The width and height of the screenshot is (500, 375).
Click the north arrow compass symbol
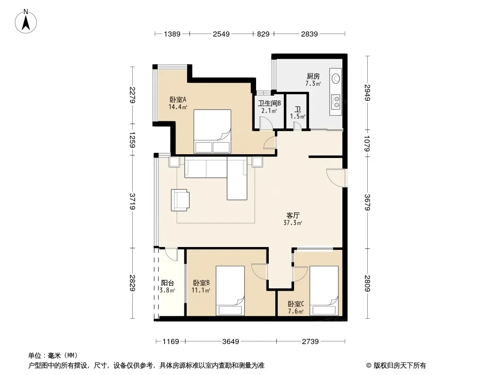coord(26,22)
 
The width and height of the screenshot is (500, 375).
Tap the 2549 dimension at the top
coord(221,34)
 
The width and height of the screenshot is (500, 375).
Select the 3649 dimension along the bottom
coord(231,342)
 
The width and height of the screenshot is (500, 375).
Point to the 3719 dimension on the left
coord(132,202)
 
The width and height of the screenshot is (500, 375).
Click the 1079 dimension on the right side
coord(367,143)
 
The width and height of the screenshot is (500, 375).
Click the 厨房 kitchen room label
coord(313,76)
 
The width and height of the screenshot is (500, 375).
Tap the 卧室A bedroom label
coord(178,99)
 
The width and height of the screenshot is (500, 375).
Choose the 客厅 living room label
coord(293,215)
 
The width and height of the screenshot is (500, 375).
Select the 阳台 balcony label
coord(167,283)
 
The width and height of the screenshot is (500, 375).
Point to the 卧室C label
coord(296,304)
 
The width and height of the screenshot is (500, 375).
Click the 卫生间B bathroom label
coord(269,103)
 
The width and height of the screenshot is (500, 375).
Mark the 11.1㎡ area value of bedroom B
coord(201,290)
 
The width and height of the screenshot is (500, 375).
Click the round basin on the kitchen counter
coord(336,78)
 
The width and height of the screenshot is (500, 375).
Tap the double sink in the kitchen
coord(336,102)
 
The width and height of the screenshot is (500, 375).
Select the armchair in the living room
coord(180,200)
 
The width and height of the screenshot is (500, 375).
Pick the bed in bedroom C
coord(324,291)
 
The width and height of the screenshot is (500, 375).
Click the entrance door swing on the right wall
coord(336,178)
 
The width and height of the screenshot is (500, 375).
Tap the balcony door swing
coord(171,254)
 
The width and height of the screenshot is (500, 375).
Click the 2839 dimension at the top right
coord(309,34)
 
